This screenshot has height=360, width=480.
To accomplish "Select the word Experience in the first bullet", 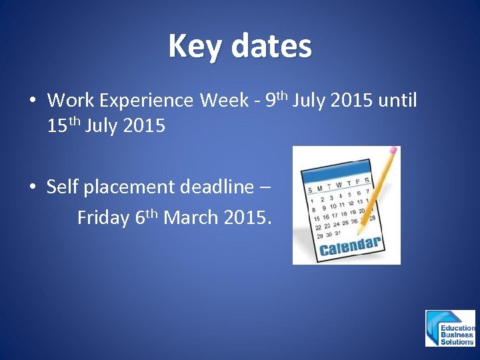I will pyautogui.click(x=147, y=101).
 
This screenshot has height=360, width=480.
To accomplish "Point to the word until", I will pyautogui.click(x=397, y=101).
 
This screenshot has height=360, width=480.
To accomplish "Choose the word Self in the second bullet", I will pyautogui.click(x=62, y=187).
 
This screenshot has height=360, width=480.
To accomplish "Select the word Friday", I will pyautogui.click(x=103, y=218).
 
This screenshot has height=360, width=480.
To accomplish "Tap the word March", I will pyautogui.click(x=189, y=218).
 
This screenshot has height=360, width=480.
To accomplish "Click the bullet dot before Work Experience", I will pyautogui.click(x=31, y=102).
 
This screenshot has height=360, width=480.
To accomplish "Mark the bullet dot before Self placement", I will pyautogui.click(x=31, y=188).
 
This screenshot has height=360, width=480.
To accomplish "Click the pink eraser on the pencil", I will pyautogui.click(x=394, y=151).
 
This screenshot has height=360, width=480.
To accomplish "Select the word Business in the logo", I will pyautogui.click(x=457, y=335).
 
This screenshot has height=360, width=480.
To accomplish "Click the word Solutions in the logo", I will pyautogui.click(x=457, y=341).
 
